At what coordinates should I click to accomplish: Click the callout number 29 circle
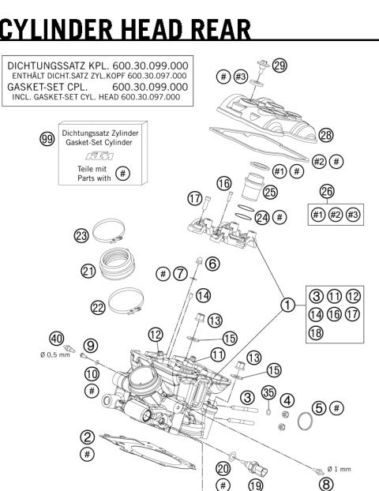(x=279, y=66)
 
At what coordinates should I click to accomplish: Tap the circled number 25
(x=271, y=192)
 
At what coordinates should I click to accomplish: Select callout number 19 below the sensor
(x=256, y=484)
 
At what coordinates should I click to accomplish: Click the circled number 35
(x=268, y=391)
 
